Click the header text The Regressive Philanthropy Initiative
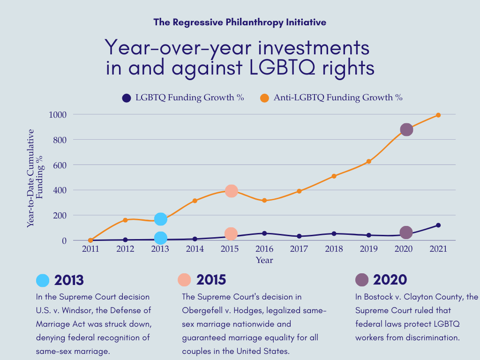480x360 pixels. [x=240, y=22]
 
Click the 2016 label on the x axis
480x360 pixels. [x=264, y=249]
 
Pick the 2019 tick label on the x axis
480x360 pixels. [x=368, y=249]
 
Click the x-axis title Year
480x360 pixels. [x=264, y=260]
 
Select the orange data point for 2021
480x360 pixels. [x=438, y=115]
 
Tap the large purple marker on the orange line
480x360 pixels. [x=406, y=130]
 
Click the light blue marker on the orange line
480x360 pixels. [x=160, y=219]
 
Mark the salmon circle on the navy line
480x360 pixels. [x=231, y=233]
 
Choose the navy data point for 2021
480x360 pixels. [x=438, y=225]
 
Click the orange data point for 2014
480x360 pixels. [x=195, y=201]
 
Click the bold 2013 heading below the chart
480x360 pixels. [x=69, y=280]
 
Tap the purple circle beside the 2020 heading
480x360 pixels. [x=362, y=280]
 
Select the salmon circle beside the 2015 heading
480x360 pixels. [x=184, y=280]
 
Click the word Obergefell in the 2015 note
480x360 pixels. [x=202, y=310]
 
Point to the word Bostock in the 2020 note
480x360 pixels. [x=378, y=297]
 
